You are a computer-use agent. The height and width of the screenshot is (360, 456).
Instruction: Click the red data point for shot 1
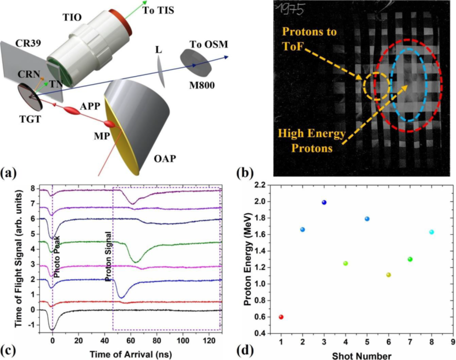(x=281, y=317)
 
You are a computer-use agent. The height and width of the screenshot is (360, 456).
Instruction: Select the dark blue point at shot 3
(x=324, y=202)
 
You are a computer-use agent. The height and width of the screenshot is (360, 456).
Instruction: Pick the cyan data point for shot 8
(x=431, y=232)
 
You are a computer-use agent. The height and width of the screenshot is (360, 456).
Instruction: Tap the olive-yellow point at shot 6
(x=389, y=275)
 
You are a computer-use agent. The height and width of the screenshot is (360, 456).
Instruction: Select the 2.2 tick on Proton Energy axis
(x=264, y=185)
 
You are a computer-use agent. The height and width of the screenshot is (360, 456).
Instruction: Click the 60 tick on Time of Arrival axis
(x=131, y=341)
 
